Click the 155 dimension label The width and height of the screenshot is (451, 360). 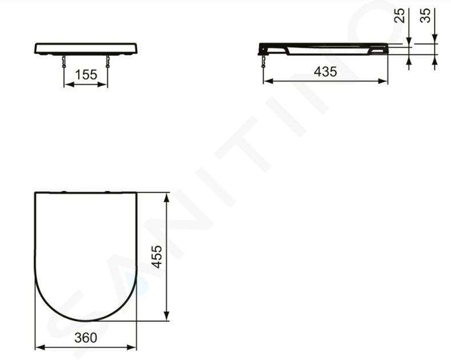pos(86,75)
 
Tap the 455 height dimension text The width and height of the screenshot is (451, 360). pos(157,257)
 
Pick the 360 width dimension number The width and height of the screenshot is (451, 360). pos(86,338)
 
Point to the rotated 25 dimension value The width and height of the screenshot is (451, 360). pos(399,15)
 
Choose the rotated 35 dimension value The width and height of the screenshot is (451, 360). pos(425,15)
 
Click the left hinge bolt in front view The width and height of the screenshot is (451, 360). pos(64,61)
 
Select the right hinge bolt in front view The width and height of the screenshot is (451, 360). pos(107,61)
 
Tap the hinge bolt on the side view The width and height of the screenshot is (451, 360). pos(263,61)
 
